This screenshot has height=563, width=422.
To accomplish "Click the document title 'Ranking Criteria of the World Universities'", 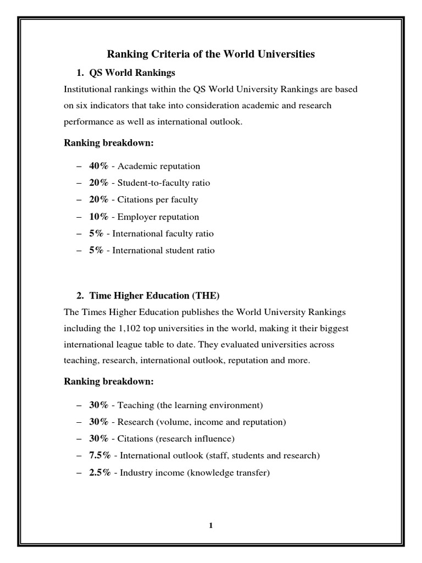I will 210,54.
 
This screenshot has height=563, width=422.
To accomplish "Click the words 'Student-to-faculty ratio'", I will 164,183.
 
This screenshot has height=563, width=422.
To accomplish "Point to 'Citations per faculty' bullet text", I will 158,200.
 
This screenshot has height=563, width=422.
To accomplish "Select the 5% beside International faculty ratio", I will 96,234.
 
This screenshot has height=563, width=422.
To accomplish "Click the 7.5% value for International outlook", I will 101,455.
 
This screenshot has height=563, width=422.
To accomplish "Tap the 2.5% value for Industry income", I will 101,472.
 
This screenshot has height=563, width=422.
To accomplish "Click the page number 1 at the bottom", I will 210,525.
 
